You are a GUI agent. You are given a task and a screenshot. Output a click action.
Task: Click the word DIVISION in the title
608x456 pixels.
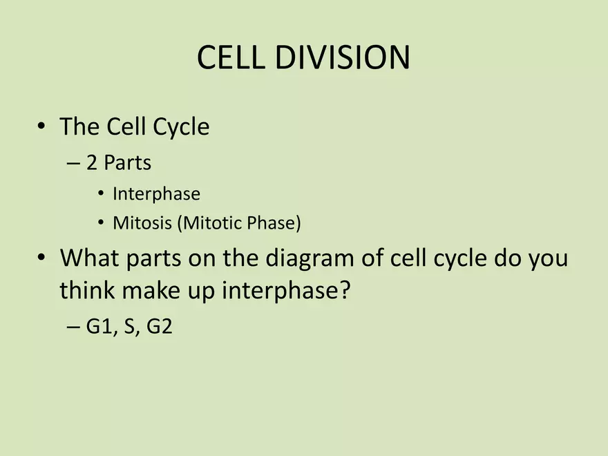[x=343, y=57]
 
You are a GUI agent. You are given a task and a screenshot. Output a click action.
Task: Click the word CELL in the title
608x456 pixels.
[x=231, y=57]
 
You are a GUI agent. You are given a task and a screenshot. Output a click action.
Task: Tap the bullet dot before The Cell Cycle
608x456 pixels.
[x=41, y=126]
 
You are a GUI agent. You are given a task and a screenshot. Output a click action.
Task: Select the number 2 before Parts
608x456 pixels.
[x=91, y=162]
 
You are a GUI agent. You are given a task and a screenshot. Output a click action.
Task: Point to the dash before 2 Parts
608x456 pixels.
[x=73, y=164]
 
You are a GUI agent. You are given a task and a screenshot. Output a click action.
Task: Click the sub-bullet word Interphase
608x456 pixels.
[x=156, y=193]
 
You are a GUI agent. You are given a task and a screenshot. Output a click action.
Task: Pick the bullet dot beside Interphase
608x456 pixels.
[x=101, y=193]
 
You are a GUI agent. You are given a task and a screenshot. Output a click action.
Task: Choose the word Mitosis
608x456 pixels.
[x=142, y=222]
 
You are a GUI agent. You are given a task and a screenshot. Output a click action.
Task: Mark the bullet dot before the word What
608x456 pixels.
[x=41, y=257]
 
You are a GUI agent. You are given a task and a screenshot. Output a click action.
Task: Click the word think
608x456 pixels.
[x=87, y=289]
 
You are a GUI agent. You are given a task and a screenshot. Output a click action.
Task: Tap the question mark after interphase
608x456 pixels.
[x=345, y=289]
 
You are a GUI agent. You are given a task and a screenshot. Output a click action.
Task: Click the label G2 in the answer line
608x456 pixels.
[x=160, y=326]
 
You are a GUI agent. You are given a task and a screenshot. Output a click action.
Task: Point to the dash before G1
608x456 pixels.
[x=73, y=327]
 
